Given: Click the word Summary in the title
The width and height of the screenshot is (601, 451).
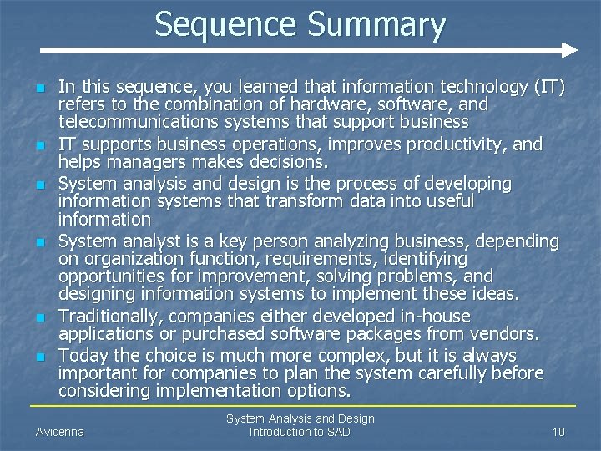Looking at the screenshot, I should (x=376, y=24).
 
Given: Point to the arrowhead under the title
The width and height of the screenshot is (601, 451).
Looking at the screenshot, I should (x=568, y=51).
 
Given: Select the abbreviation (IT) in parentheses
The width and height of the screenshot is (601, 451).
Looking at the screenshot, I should (x=547, y=87).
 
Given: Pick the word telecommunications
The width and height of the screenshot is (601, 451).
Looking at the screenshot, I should (x=132, y=122).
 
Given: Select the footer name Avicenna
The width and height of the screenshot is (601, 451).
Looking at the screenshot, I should (x=60, y=432).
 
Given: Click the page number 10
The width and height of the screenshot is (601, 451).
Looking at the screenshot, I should (x=558, y=432).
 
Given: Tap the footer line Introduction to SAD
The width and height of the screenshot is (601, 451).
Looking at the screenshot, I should (x=300, y=432).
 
